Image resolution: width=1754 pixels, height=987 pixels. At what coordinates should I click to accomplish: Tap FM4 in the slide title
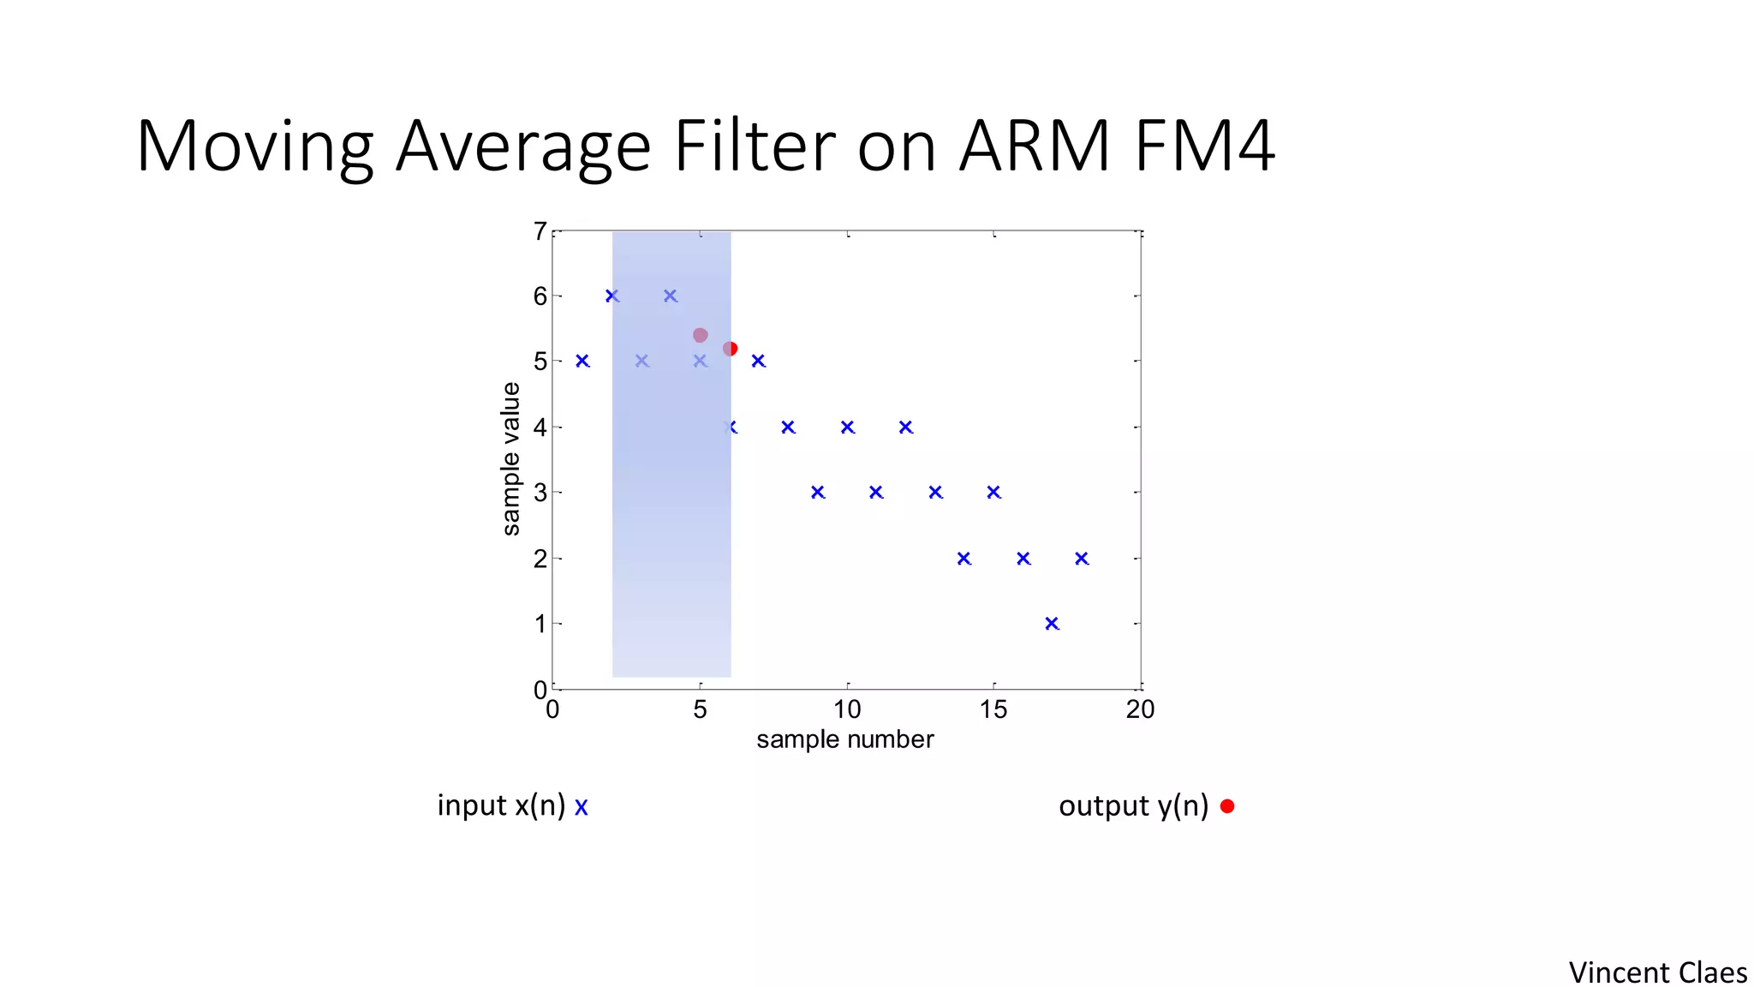coord(1204,147)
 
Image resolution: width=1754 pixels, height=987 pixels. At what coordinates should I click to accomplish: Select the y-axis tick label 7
coord(540,231)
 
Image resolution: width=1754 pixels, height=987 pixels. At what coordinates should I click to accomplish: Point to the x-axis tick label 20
coord(1140,709)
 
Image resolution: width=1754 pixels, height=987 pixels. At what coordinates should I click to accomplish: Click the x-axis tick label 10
coord(847,709)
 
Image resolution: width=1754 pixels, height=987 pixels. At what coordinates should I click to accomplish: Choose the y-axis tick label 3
coord(540,493)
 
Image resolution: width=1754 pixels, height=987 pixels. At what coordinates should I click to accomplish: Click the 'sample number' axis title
coord(844,739)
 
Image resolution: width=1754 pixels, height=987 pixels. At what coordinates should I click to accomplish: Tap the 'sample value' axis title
coord(511,459)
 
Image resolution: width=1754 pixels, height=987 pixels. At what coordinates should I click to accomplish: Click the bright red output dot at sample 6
coord(731,349)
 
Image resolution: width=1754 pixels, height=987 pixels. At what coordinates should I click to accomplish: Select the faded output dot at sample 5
coord(700,335)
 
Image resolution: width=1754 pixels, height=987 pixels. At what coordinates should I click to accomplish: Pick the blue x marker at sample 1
coord(582,361)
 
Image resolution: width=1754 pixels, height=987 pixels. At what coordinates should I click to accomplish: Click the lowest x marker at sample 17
coord(1052,624)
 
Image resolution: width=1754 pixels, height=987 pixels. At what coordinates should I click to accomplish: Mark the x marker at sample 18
coord(1082,559)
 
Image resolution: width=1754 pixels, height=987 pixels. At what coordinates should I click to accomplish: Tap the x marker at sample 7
coord(758,361)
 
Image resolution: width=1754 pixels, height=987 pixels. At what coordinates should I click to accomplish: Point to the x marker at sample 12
coord(906,427)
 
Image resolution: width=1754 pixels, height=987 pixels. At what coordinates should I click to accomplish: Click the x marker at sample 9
coord(818,492)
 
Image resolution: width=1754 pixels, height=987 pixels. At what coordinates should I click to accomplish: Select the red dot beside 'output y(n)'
coord(1227,806)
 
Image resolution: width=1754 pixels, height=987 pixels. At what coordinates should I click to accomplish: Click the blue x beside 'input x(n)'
coord(582,807)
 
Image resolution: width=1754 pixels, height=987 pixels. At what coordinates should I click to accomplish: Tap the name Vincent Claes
coord(1657,972)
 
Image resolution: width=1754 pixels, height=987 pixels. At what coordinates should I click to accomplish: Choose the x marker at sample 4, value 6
coord(671,296)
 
